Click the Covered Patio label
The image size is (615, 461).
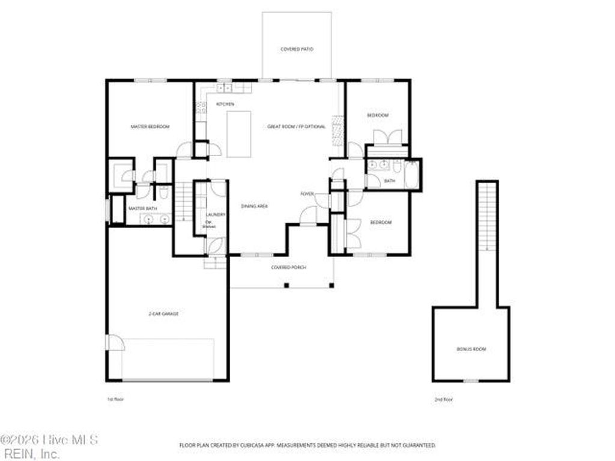point(297,49)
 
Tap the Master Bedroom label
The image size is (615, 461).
point(150,127)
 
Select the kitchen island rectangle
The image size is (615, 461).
point(238,134)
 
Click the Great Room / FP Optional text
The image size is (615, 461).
point(297,127)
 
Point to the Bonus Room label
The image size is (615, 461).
point(471,349)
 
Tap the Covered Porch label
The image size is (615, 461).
point(285,267)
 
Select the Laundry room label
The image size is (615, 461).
point(215,214)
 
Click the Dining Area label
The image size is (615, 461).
point(254,206)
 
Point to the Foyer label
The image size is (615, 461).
point(307,194)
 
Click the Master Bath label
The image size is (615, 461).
point(143,208)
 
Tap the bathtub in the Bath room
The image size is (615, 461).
point(411,174)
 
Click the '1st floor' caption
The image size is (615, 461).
point(115,399)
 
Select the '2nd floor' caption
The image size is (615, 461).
point(443,399)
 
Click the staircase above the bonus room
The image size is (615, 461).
point(487,216)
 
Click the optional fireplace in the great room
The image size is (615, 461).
point(338,131)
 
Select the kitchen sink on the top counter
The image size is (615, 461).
point(225,89)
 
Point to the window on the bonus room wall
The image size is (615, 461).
point(471,381)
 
